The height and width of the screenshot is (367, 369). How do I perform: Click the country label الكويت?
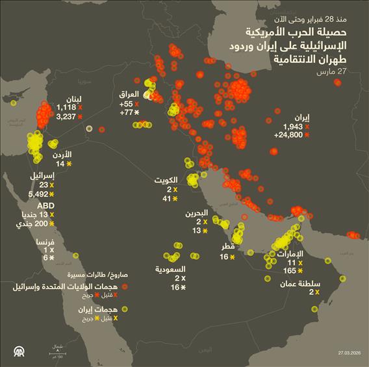point(167,180)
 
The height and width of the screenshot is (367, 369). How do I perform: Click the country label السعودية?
point(171,269)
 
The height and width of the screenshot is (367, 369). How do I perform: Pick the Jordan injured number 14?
point(60,164)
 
